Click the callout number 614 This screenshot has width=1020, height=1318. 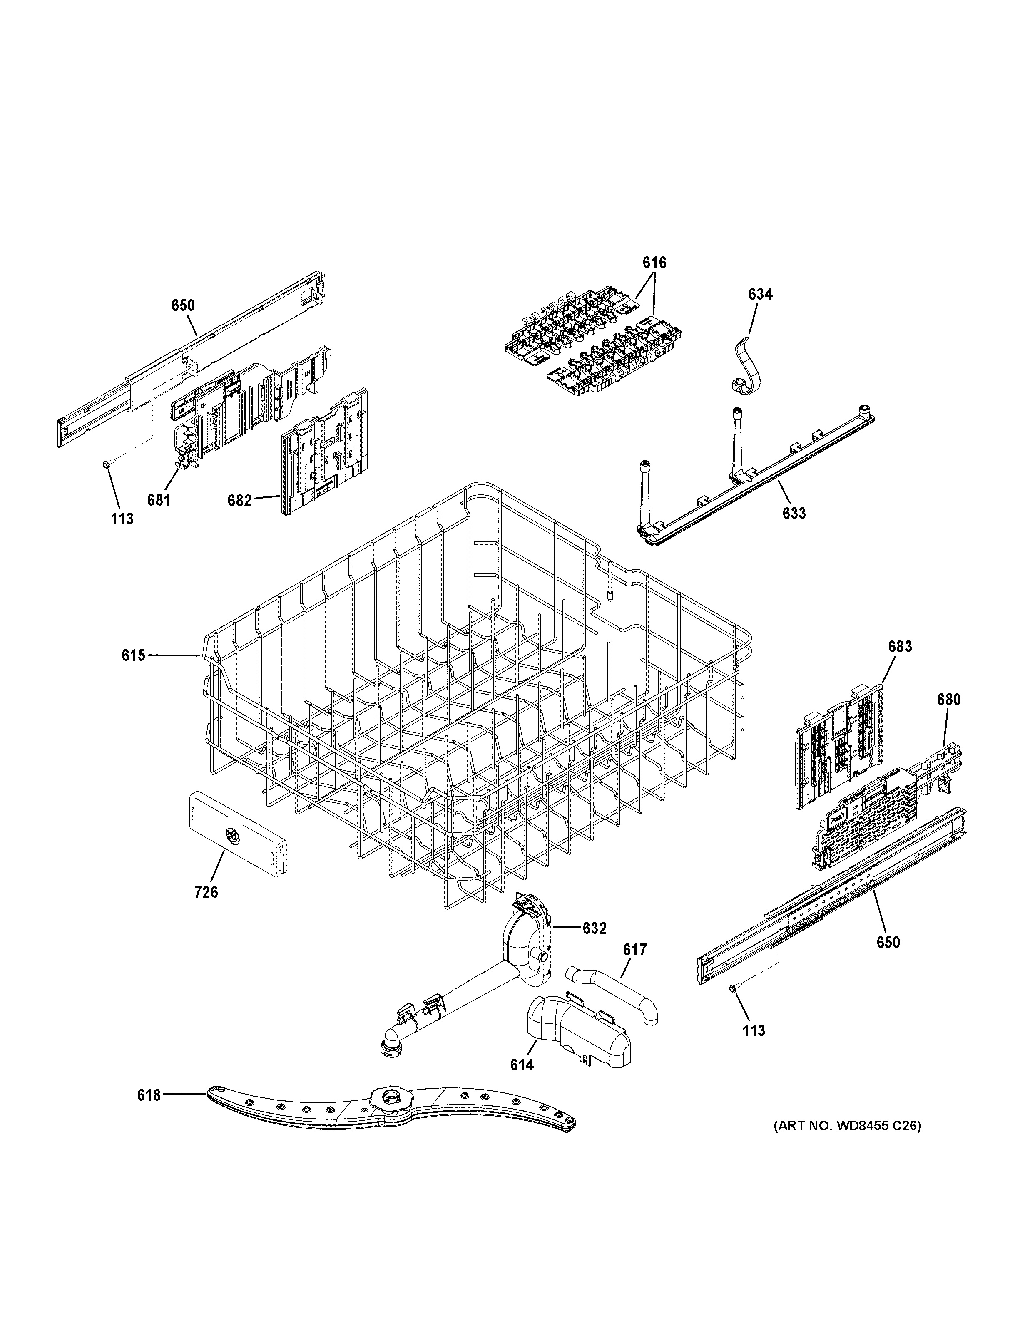pos(522,1065)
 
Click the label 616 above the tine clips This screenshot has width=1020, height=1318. pos(654,263)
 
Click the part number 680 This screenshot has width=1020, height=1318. pos(948,700)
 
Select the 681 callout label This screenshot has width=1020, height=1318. pos(159,500)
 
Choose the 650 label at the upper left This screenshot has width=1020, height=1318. pos(183,305)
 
